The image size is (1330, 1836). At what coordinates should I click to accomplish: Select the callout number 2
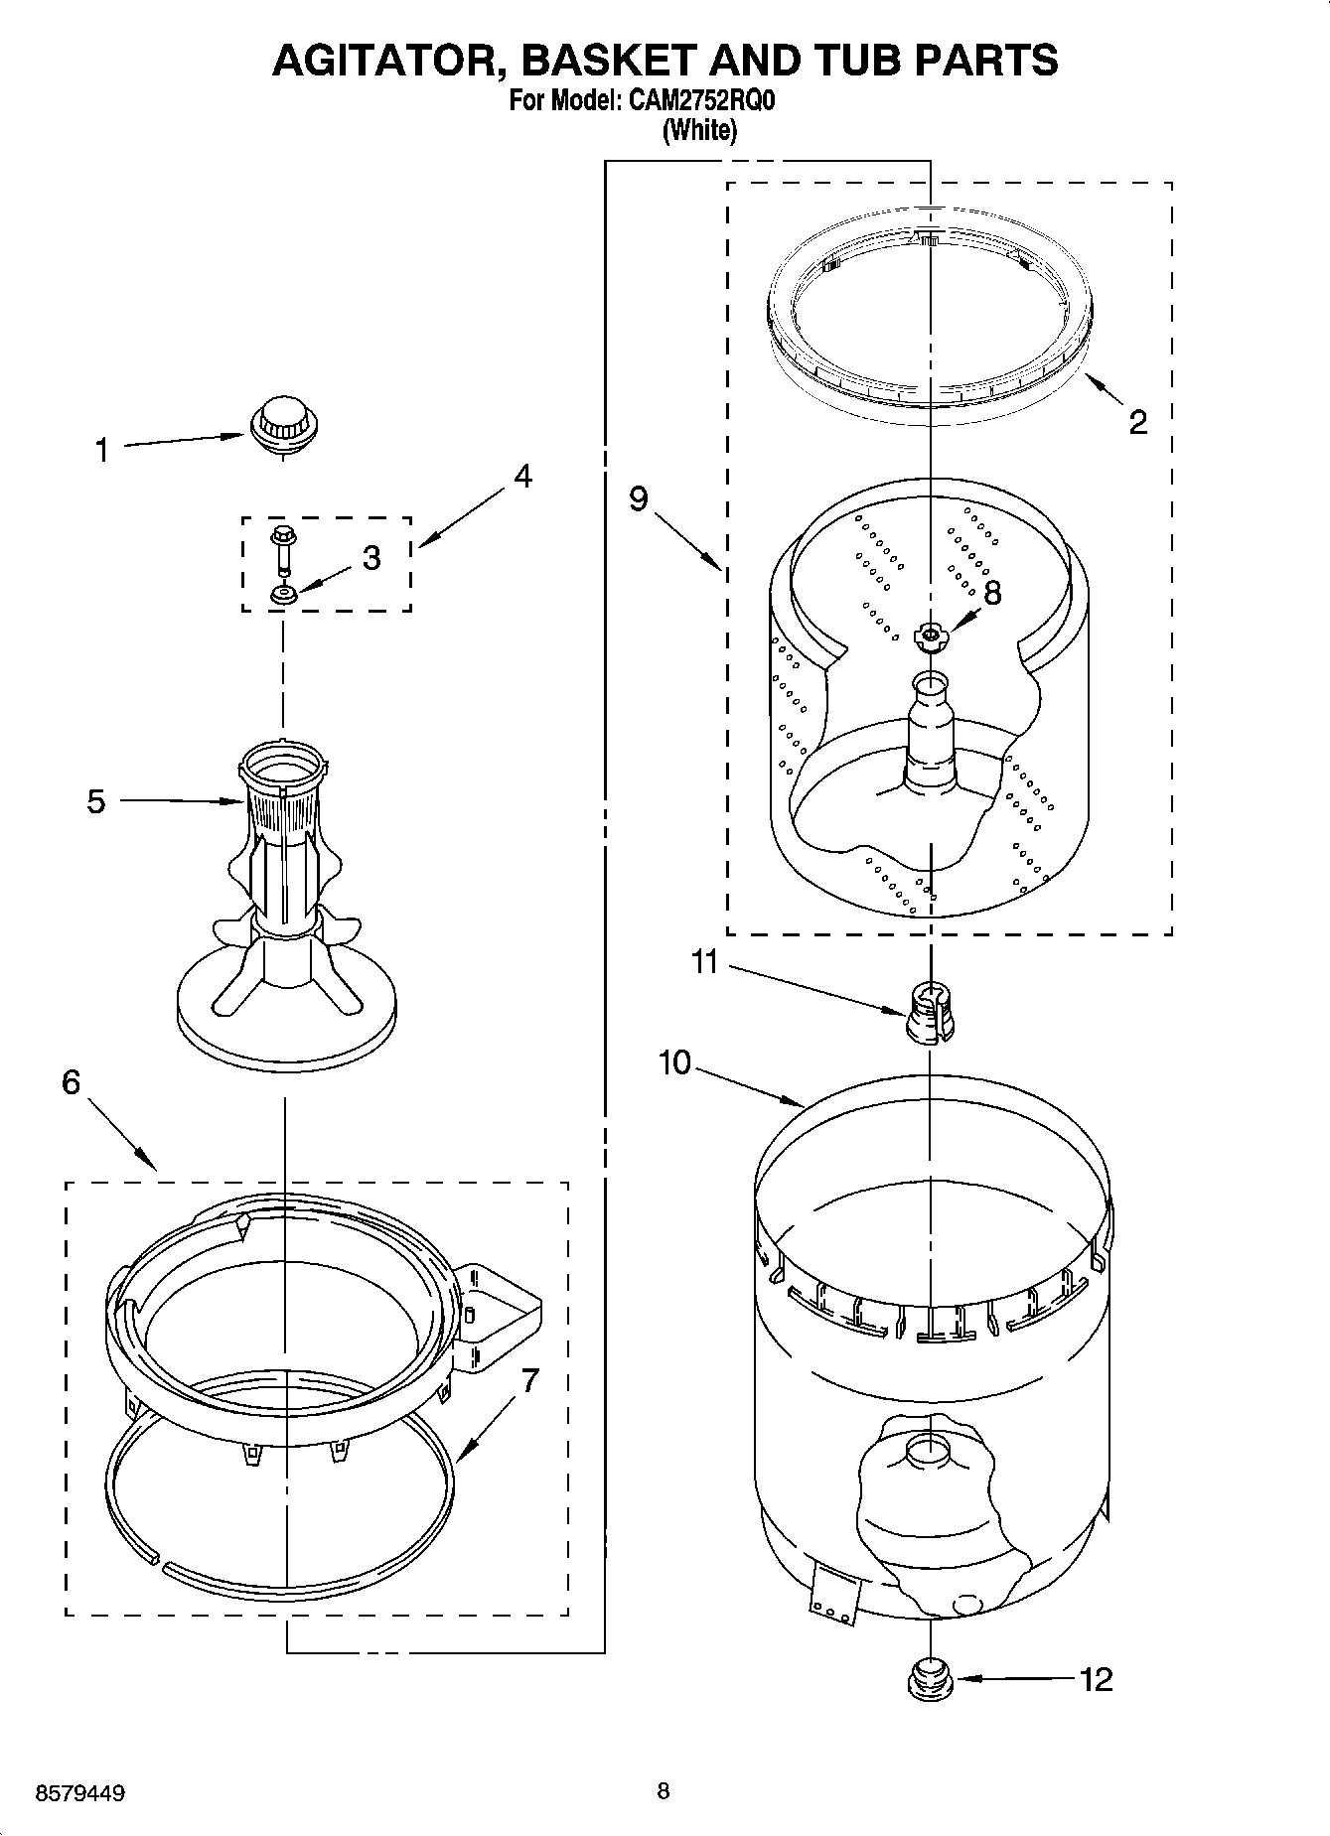click(x=1138, y=422)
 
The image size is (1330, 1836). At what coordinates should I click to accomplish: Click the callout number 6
click(x=71, y=1082)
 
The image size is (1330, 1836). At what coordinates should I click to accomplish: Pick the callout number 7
click(x=529, y=1380)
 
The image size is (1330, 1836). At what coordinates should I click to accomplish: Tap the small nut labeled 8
click(x=930, y=636)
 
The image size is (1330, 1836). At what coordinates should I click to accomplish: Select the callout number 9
click(x=639, y=498)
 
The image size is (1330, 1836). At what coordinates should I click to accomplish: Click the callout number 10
click(x=673, y=1062)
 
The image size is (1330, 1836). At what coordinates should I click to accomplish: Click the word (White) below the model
click(x=699, y=130)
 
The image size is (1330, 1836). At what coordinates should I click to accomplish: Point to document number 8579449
click(x=79, y=1794)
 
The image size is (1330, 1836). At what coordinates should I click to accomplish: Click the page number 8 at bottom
click(x=664, y=1791)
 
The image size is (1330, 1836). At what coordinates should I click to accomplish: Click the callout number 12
click(x=1096, y=1679)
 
